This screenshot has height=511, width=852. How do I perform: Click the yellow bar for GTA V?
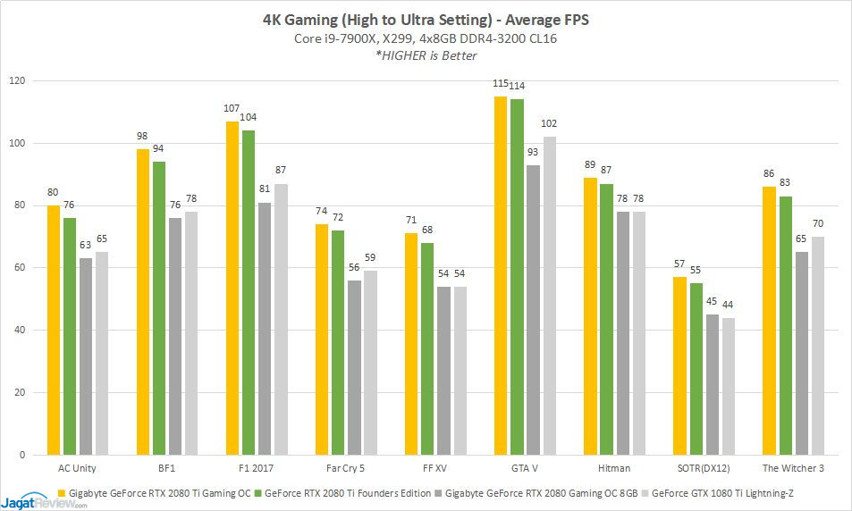[501, 276]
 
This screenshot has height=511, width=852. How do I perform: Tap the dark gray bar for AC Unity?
[86, 356]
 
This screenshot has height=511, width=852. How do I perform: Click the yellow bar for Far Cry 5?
[322, 339]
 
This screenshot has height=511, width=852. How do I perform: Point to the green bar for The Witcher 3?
[785, 326]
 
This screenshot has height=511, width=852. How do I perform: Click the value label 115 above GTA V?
[501, 84]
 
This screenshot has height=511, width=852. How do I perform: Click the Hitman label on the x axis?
[614, 468]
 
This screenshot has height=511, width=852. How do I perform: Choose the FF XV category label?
[435, 468]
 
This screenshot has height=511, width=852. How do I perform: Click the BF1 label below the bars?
[167, 468]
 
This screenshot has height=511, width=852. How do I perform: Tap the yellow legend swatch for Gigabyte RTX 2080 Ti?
[61, 492]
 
